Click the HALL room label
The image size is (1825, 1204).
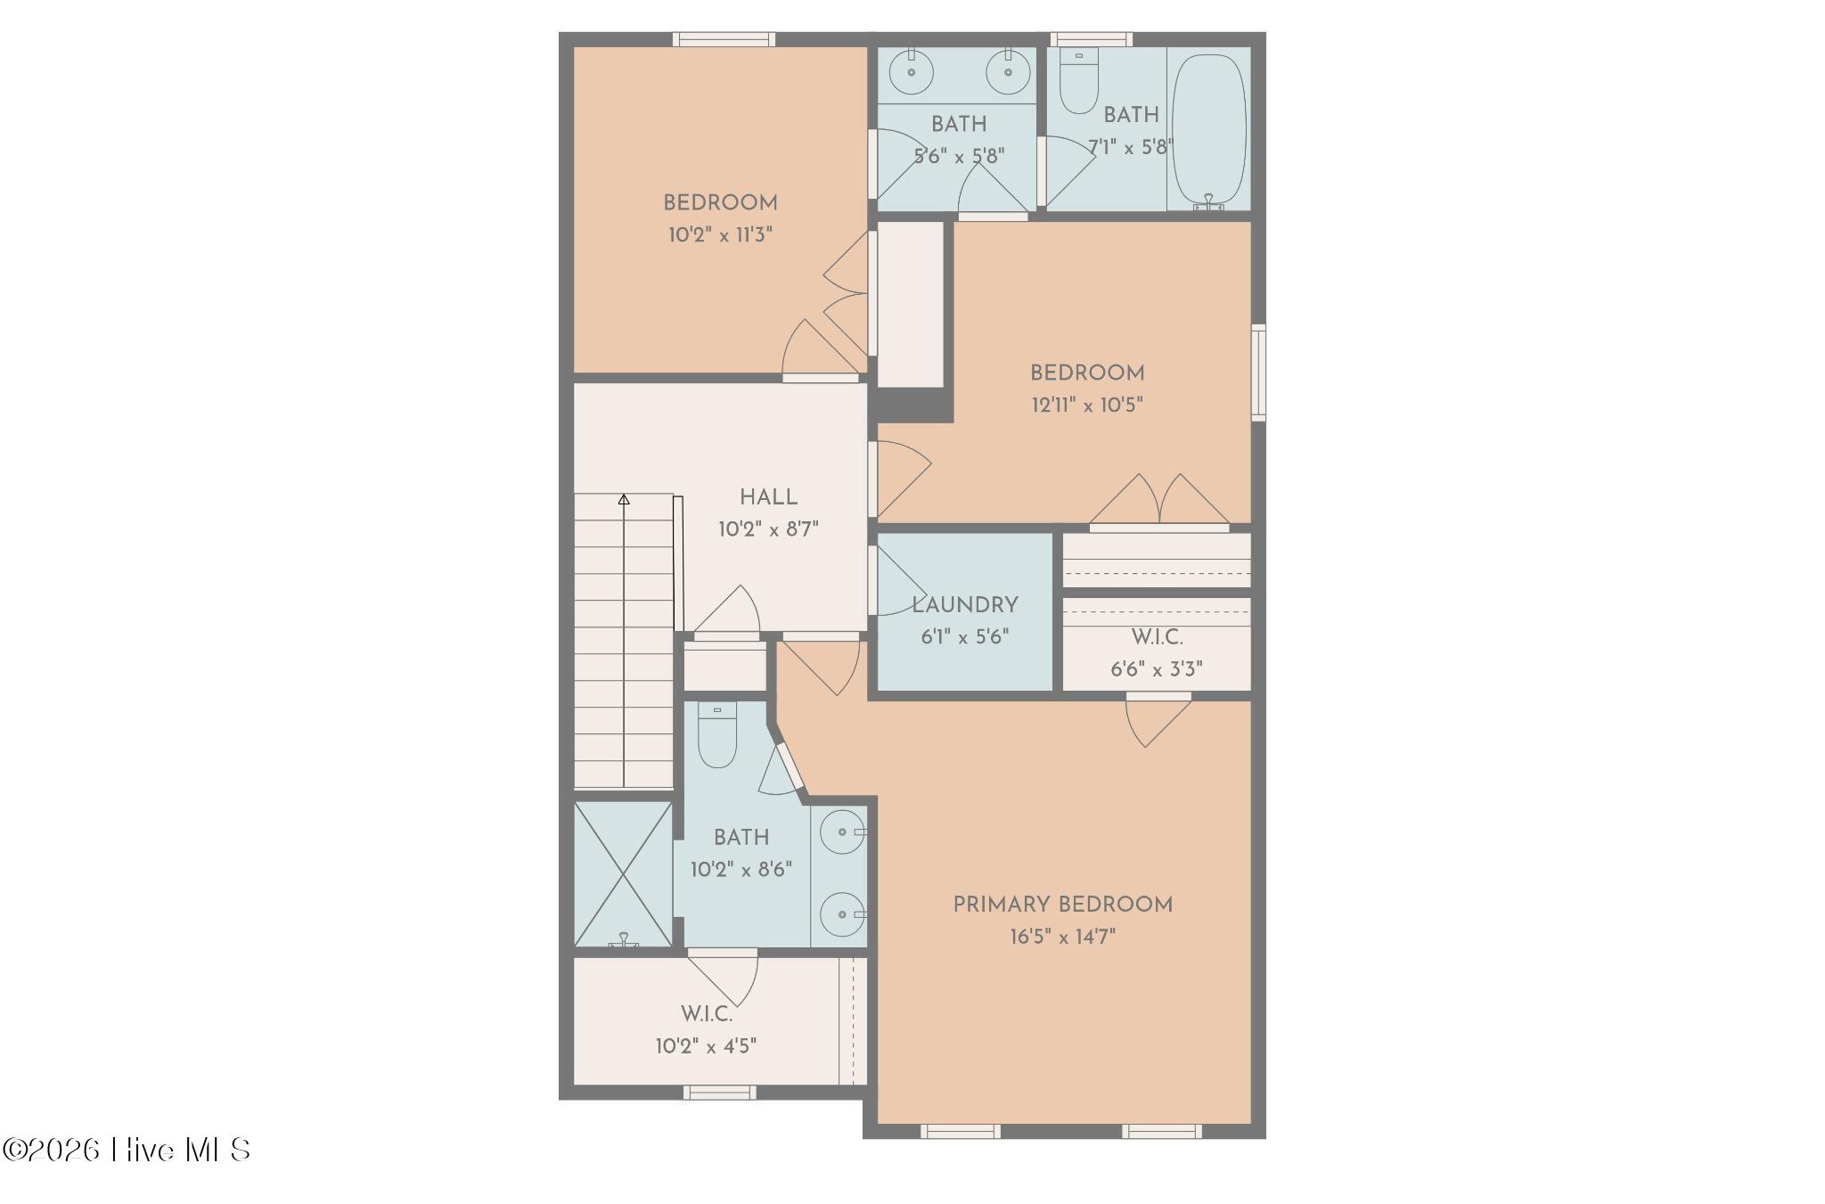click(768, 497)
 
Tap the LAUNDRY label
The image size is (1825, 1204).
click(964, 605)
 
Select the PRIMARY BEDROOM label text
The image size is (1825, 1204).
click(1062, 905)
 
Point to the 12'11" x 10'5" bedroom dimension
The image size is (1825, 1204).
click(1087, 405)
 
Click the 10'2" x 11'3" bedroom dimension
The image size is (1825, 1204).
click(720, 235)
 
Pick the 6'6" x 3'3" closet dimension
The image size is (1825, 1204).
click(1157, 669)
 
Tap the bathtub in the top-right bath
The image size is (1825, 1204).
click(1208, 132)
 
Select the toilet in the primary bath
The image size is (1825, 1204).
click(717, 735)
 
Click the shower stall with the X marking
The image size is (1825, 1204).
click(623, 874)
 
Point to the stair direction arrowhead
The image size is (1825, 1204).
click(624, 500)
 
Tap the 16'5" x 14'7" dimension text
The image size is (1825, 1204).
click(1062, 937)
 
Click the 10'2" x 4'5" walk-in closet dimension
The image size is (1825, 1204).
click(707, 1046)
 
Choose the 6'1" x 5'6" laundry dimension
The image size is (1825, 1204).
click(964, 637)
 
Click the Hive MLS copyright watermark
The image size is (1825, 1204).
click(127, 1150)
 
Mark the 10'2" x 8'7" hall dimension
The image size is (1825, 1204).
click(768, 529)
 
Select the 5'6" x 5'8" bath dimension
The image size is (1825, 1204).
click(959, 156)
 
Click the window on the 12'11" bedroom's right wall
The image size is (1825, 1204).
click(1258, 373)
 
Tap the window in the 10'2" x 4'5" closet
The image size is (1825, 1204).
click(720, 1093)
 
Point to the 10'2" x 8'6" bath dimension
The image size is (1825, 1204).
click(741, 870)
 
